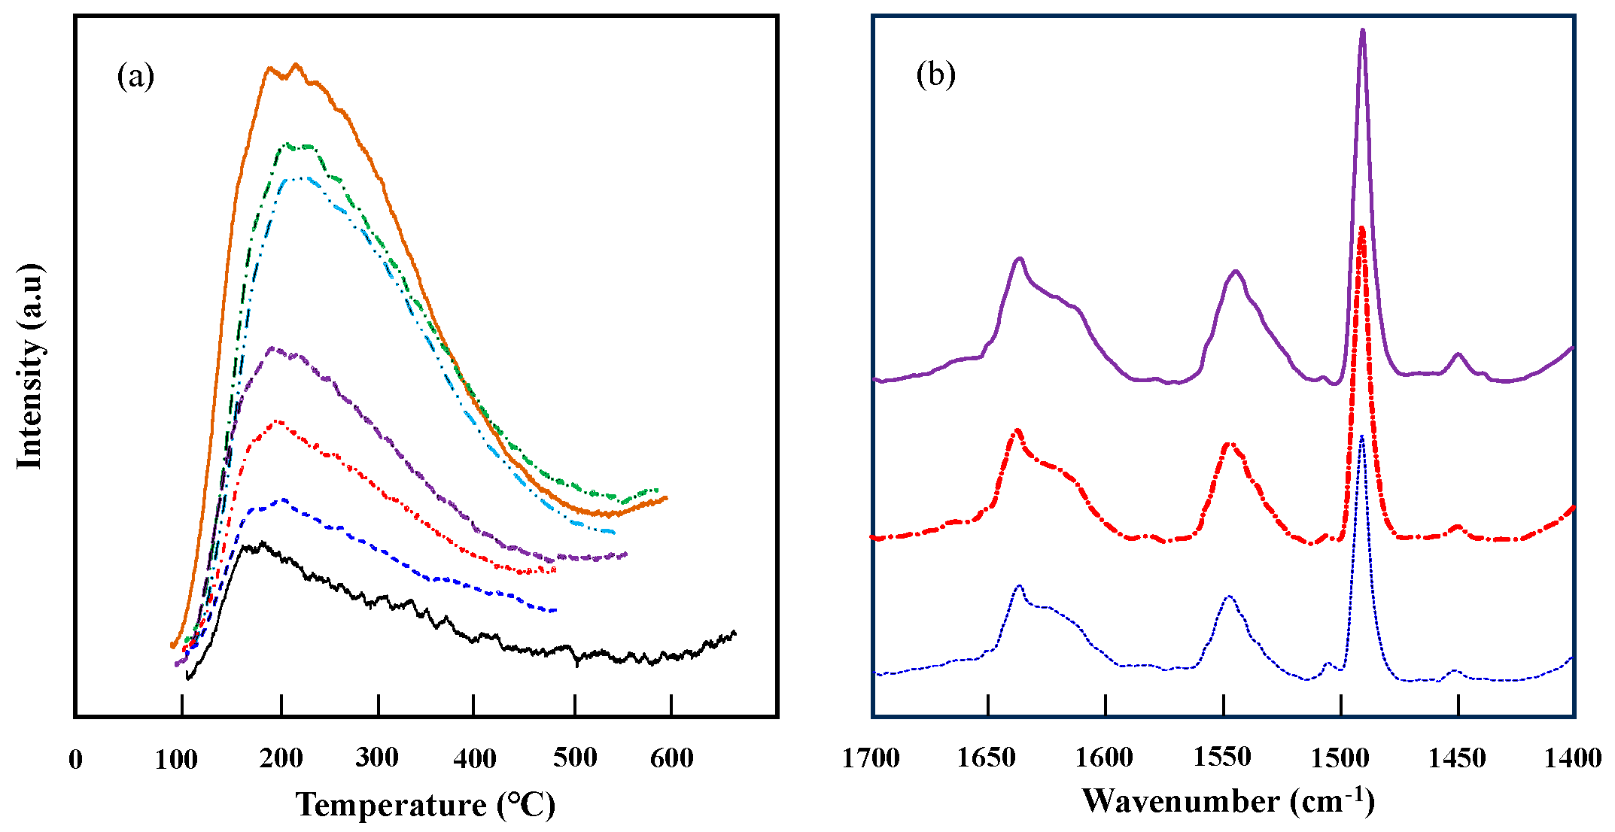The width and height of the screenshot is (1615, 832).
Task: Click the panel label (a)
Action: click(135, 77)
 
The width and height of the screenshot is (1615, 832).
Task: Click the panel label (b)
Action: click(935, 74)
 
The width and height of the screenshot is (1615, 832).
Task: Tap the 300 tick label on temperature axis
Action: click(377, 758)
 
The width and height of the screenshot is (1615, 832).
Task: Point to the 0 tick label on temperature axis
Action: click(75, 759)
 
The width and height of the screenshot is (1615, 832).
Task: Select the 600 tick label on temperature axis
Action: click(671, 758)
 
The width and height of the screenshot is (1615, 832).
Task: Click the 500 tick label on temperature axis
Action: click(575, 758)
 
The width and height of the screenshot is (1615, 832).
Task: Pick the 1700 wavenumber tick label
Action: click(871, 758)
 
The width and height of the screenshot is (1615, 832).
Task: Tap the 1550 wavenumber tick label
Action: click(1222, 758)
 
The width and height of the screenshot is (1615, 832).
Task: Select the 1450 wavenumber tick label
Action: click(1457, 758)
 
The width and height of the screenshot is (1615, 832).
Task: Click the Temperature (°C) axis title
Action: click(425, 804)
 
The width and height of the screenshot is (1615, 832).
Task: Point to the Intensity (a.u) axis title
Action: click(30, 366)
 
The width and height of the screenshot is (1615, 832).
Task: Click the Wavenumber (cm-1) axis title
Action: click(1228, 801)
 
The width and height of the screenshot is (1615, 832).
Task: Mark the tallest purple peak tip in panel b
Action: click(1362, 30)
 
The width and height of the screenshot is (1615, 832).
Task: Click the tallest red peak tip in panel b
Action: click(1361, 227)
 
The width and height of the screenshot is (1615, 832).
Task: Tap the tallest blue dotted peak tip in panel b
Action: click(1361, 436)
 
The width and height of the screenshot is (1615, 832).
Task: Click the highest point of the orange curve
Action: click(296, 65)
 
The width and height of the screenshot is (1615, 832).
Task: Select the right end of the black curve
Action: click(735, 633)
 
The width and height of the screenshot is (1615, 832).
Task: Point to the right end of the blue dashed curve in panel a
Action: click(555, 610)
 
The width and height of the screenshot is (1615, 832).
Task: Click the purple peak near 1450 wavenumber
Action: click(1458, 354)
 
